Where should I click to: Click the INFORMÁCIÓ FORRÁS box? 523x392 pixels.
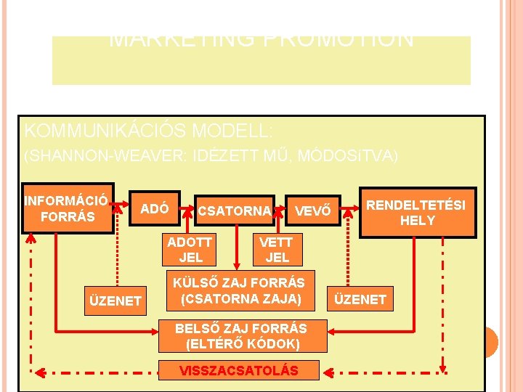(68, 208)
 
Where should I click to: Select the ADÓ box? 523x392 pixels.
(154, 209)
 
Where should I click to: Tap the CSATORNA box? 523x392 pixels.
(234, 211)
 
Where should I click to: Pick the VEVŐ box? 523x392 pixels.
(313, 211)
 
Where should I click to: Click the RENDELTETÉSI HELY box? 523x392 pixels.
(417, 212)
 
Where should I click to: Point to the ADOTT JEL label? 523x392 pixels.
(190, 250)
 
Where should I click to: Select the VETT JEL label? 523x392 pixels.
(277, 250)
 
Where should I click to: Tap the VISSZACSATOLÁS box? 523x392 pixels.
(239, 370)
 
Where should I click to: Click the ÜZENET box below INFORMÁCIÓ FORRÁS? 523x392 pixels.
(115, 300)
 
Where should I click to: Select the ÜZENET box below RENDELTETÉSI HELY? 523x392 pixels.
(361, 298)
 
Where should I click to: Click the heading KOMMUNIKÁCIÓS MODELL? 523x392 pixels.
(149, 131)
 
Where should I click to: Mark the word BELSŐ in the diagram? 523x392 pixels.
(195, 328)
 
